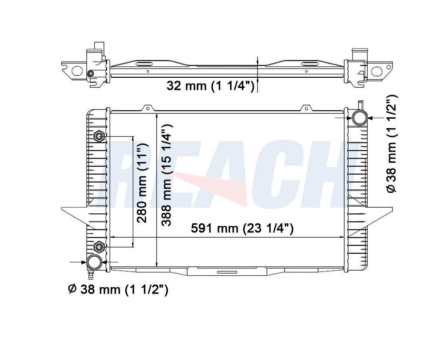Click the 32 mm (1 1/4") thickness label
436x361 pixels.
coord(211,86)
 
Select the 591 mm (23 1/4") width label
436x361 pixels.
coord(242,228)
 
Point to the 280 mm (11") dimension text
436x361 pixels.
coord(142,183)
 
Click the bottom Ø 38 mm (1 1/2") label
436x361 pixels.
coord(118,289)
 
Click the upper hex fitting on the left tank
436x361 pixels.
coord(99,136)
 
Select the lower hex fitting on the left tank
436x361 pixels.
coord(99,247)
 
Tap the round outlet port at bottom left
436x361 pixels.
coord(94,262)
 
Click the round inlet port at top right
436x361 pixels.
coord(359,118)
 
